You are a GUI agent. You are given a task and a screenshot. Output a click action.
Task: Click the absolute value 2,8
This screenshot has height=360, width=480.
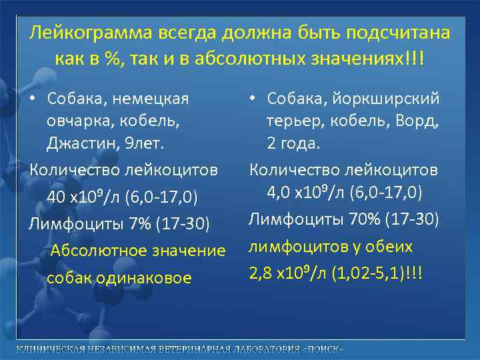pos(261,273)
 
